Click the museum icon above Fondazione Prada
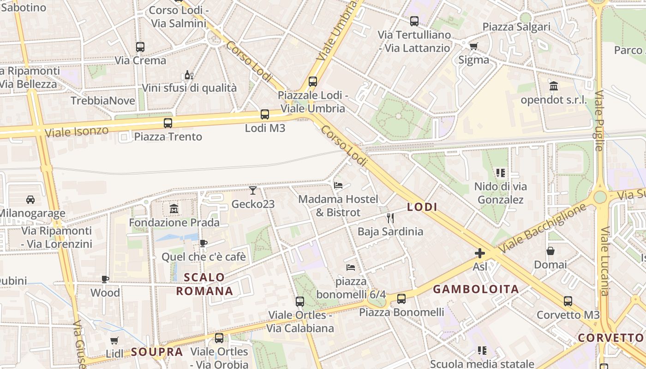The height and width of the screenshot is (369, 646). pyautogui.click(x=174, y=209)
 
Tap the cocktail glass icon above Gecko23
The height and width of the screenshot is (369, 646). pyautogui.click(x=252, y=190)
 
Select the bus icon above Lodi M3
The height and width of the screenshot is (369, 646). pyautogui.click(x=265, y=114)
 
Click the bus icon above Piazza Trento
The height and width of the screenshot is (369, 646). pyautogui.click(x=168, y=123)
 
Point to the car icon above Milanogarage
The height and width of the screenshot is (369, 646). pyautogui.click(x=30, y=200)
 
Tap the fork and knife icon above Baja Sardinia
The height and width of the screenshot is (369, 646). pyautogui.click(x=390, y=218)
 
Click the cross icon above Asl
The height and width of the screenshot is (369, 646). pyautogui.click(x=480, y=253)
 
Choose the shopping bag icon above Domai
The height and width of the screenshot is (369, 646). pyautogui.click(x=550, y=251)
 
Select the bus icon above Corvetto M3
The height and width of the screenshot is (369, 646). pyautogui.click(x=568, y=301)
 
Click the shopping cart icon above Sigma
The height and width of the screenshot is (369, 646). pyautogui.click(x=474, y=46)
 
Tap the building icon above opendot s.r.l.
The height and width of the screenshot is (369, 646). pyautogui.click(x=554, y=86)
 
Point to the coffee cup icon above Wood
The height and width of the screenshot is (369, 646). pyautogui.click(x=105, y=279)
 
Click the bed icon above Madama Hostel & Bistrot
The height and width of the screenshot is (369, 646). pyautogui.click(x=338, y=185)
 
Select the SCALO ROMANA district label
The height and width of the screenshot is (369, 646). pyautogui.click(x=204, y=284)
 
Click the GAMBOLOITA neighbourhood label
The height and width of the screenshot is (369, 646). pyautogui.click(x=476, y=289)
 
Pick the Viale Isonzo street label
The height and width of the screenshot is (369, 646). pyautogui.click(x=77, y=131)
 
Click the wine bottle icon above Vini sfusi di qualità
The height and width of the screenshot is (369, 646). pyautogui.click(x=189, y=75)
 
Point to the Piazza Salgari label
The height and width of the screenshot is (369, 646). pyautogui.click(x=516, y=27)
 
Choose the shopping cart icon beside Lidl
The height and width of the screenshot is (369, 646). pyautogui.click(x=114, y=340)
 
